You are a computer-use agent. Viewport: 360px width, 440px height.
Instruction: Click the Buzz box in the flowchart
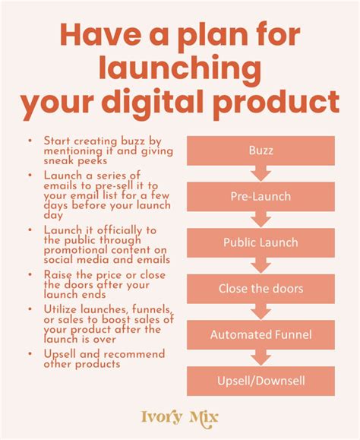coord(261,150)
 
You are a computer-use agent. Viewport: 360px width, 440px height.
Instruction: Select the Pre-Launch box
coord(261,196)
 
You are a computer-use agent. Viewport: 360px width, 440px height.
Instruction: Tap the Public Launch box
coord(261,242)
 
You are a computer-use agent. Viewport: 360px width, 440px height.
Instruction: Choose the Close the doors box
coord(261,289)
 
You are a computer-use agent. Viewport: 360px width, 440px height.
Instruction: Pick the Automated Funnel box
coord(261,335)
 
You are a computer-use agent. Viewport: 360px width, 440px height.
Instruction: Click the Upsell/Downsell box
coord(261,381)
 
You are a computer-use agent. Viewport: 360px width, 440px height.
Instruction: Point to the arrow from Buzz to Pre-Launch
coord(261,173)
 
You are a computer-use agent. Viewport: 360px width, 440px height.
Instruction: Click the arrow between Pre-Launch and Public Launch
coord(261,220)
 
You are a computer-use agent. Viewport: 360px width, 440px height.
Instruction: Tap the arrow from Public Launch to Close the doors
coord(261,265)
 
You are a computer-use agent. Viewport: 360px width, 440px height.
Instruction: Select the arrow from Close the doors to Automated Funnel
coord(261,312)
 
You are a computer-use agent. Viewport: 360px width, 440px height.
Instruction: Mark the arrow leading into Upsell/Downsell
coord(261,357)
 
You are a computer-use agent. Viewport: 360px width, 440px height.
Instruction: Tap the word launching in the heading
coord(180,68)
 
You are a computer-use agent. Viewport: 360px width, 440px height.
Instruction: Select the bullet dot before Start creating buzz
coord(30,141)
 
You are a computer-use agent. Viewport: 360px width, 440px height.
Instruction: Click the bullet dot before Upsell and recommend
coord(30,353)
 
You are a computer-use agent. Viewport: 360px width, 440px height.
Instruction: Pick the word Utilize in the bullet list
coord(60,309)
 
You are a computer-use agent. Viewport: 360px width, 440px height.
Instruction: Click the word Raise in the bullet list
coord(58,275)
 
